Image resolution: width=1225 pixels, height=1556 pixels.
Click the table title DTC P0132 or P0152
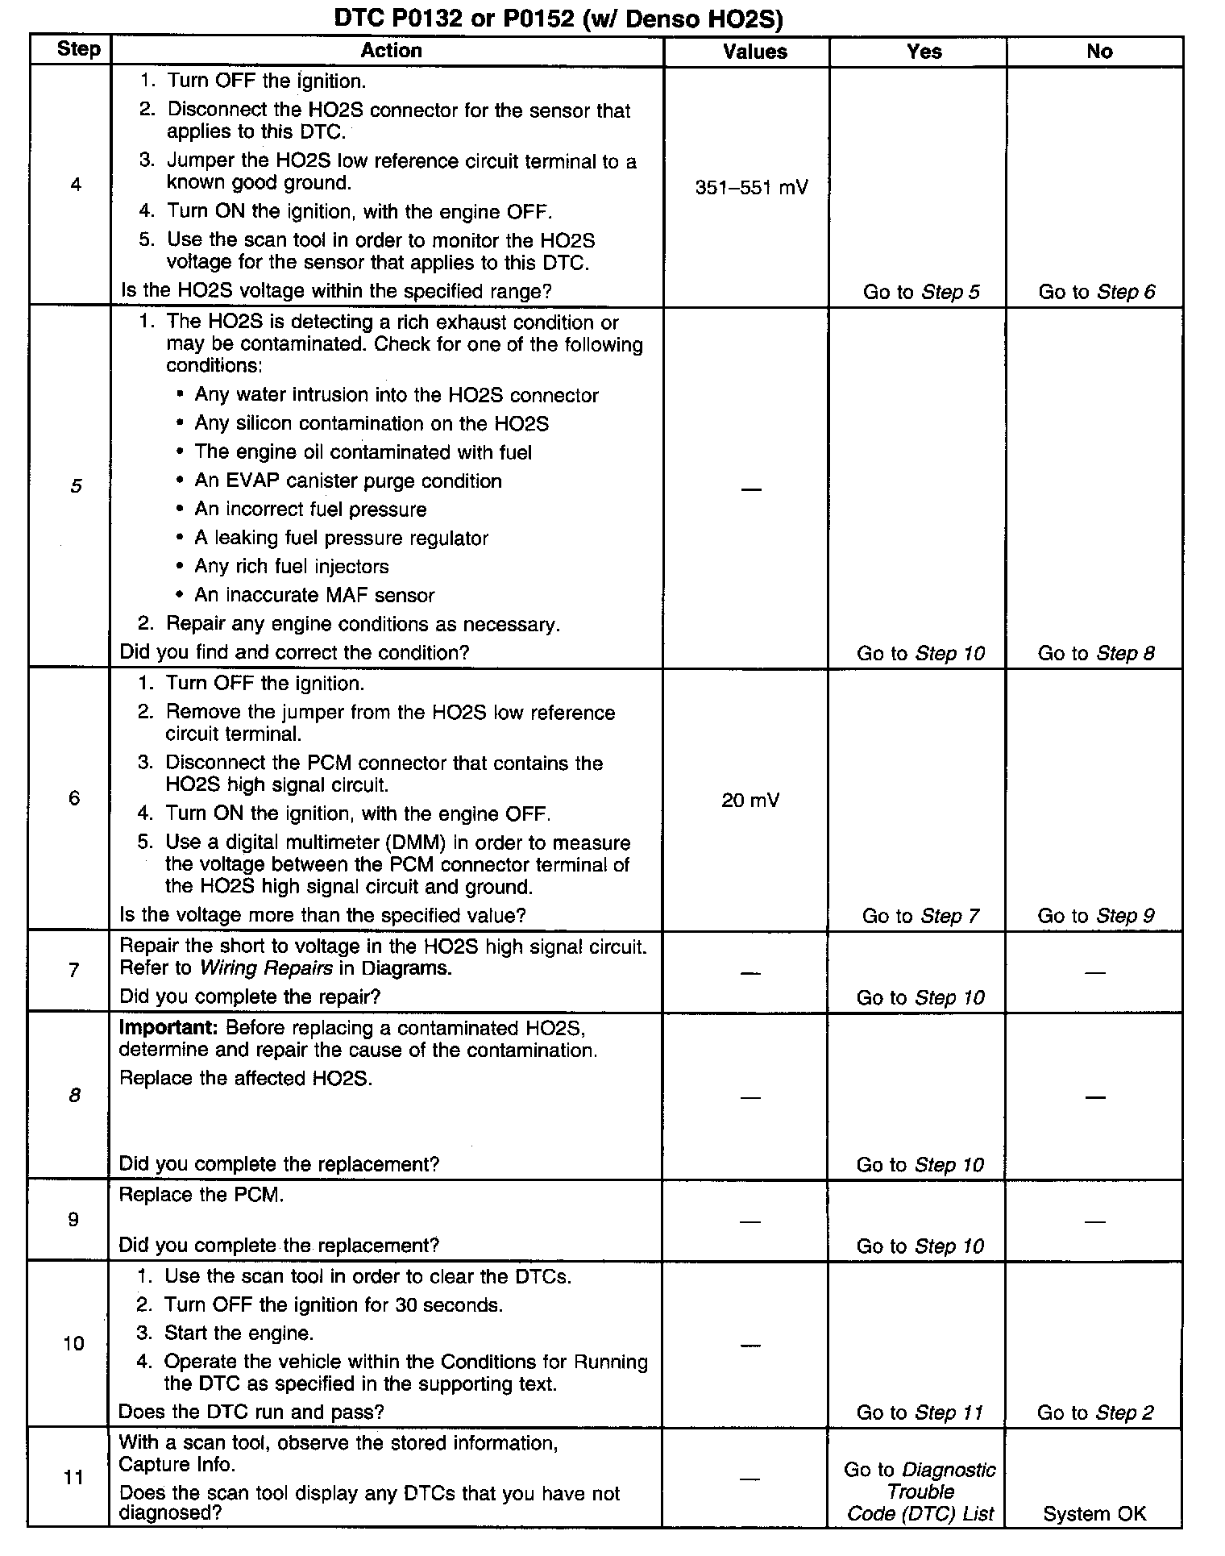pos(559,19)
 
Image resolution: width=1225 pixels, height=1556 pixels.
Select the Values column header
pos(754,52)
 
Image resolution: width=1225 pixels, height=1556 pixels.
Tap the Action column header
pos(391,51)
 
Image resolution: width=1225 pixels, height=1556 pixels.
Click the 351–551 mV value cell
pos(751,188)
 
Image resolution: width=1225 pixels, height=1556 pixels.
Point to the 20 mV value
pos(750,801)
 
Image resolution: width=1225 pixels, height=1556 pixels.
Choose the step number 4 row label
pos(76,185)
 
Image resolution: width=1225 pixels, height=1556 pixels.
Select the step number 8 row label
pos(74,1095)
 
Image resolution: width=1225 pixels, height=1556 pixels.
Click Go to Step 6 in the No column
pos(1096,292)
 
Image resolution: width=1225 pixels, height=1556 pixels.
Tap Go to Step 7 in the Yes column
pos(920,916)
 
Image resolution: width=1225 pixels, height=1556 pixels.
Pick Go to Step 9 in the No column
pos(1095,916)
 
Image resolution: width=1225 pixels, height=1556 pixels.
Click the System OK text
pos(1094,1514)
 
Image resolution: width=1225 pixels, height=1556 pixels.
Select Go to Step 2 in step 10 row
pos(1095,1412)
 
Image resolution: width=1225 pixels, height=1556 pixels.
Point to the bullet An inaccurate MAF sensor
pos(314,596)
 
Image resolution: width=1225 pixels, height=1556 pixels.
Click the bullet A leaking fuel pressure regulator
pos(341,538)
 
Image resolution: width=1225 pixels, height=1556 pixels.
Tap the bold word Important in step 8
pos(169,1028)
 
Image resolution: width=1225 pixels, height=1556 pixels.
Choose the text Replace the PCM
pos(201,1195)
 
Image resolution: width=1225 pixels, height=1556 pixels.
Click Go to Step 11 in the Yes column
pos(920,1412)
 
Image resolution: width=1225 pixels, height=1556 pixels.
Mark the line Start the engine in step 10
pos(239,1333)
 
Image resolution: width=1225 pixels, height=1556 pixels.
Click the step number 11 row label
pos(73,1478)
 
